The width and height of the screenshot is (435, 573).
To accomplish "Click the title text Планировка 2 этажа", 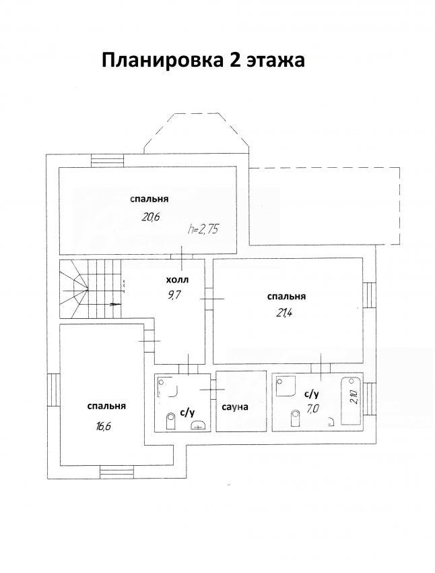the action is point(203,60).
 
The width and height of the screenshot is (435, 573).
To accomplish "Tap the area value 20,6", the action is point(152,217).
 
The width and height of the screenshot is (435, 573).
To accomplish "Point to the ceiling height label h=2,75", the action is point(203,229).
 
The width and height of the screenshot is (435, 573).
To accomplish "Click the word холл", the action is point(177,280).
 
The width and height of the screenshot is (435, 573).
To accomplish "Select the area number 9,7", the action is point(174,295).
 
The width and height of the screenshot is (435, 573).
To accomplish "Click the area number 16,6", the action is point(104,426).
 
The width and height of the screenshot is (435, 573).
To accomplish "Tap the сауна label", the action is point(235,406).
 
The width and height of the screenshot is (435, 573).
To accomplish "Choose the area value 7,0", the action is point(312,409).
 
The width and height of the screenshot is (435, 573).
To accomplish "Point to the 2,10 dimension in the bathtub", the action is point(354,397).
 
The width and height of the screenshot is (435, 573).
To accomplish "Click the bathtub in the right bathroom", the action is point(351,401).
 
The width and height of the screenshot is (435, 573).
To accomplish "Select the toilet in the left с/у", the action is point(170,421).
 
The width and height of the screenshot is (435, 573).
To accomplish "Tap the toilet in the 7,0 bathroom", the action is point(295,418).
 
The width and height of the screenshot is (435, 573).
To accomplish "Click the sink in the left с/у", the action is point(199,424).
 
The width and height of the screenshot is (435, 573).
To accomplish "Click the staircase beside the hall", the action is point(90,289).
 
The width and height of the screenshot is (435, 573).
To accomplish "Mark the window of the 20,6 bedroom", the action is point(107,160).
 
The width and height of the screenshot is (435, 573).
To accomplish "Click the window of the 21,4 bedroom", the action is point(370,295).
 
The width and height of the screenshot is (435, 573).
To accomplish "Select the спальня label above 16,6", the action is point(106,406).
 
